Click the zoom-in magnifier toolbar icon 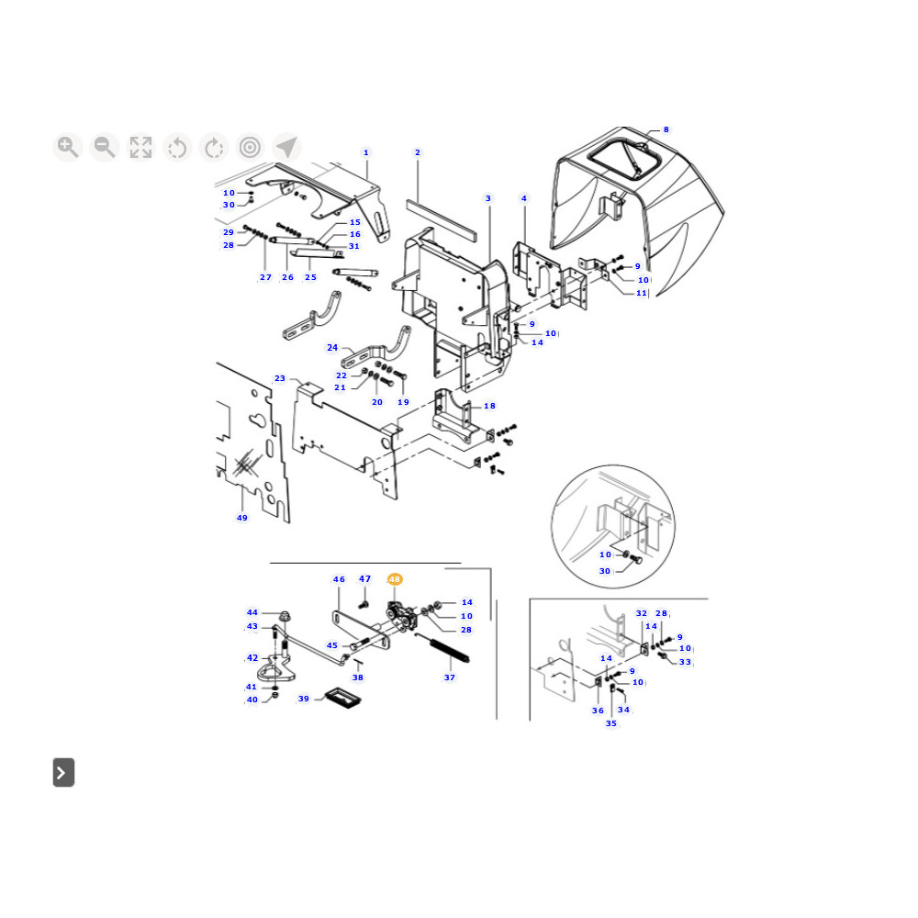(67, 147)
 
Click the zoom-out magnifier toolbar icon (105, 147)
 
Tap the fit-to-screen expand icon (140, 147)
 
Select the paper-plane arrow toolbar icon (286, 147)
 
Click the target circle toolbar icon (250, 147)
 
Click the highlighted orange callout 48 (395, 579)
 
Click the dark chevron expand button (64, 772)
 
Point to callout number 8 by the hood (666, 129)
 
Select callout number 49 (241, 518)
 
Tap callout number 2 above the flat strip (418, 152)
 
